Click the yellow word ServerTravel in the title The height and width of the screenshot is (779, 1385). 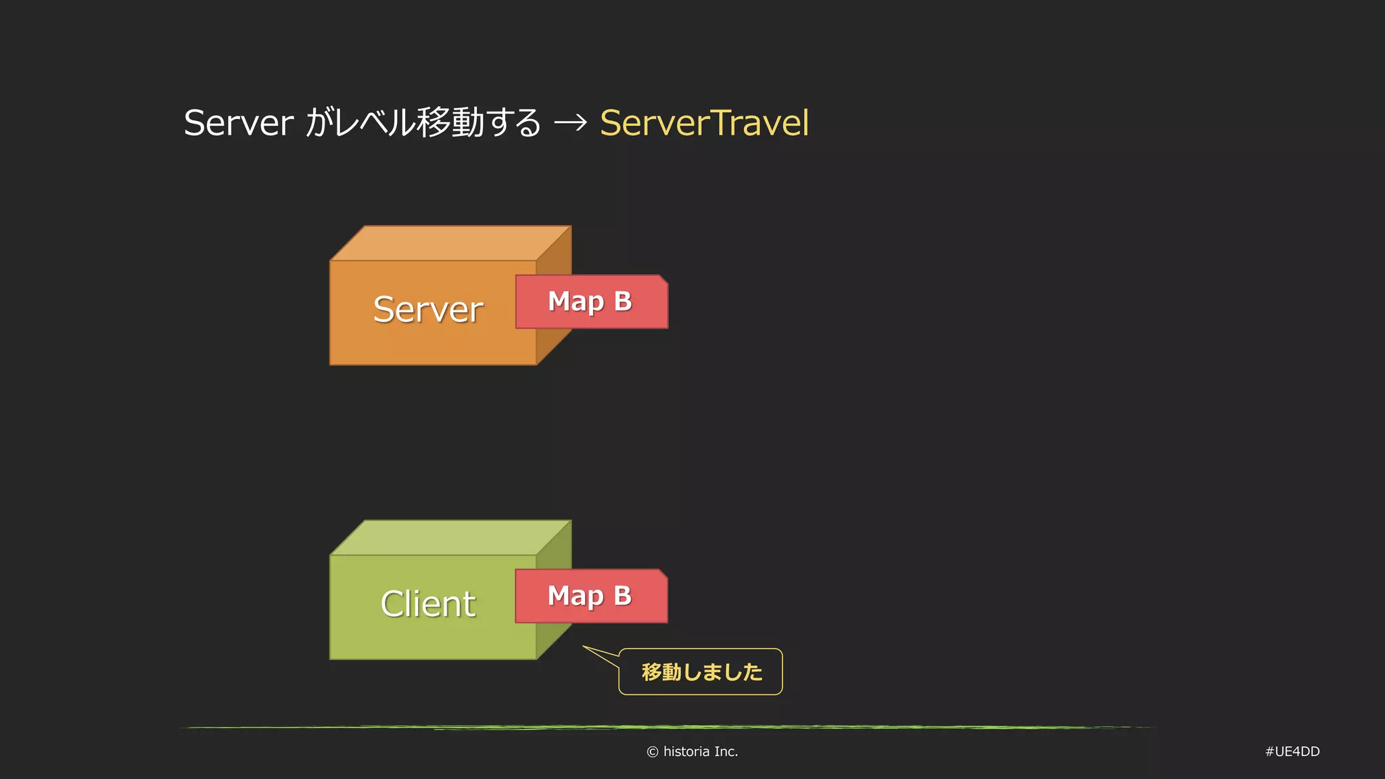[704, 123]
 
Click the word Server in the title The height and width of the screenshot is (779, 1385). [238, 123]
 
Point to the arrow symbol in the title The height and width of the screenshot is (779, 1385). [570, 123]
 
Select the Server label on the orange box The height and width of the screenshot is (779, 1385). [427, 310]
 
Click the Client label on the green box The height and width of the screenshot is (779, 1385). [427, 604]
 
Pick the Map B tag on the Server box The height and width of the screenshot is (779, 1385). [591, 302]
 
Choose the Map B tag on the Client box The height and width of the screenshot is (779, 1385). [591, 596]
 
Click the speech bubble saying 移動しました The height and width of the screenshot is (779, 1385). [701, 671]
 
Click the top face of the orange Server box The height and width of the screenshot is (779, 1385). [451, 243]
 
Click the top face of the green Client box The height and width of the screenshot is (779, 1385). [451, 538]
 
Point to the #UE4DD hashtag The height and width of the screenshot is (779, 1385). [1292, 751]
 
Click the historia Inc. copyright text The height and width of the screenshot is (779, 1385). [700, 751]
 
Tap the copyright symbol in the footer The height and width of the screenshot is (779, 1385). [653, 752]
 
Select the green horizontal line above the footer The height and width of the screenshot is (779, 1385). [670, 728]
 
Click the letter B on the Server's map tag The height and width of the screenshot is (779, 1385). [623, 302]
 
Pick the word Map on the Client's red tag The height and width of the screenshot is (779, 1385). [576, 596]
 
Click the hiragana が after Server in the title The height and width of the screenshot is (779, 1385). [317, 123]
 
